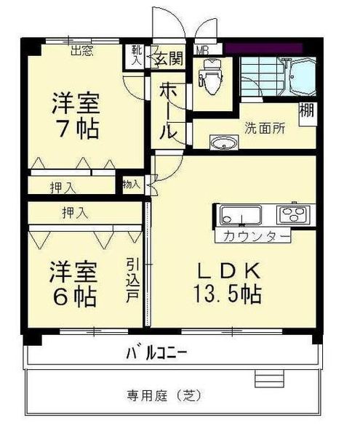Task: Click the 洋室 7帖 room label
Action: tap(75, 116)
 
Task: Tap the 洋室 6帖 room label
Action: tap(73, 284)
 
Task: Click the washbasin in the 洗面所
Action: tap(223, 142)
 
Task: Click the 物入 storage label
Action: tap(132, 184)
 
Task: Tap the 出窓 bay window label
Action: tap(81, 51)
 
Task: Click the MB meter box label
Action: tap(204, 51)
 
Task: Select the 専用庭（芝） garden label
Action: tap(164, 396)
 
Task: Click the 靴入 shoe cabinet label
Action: tap(136, 56)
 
